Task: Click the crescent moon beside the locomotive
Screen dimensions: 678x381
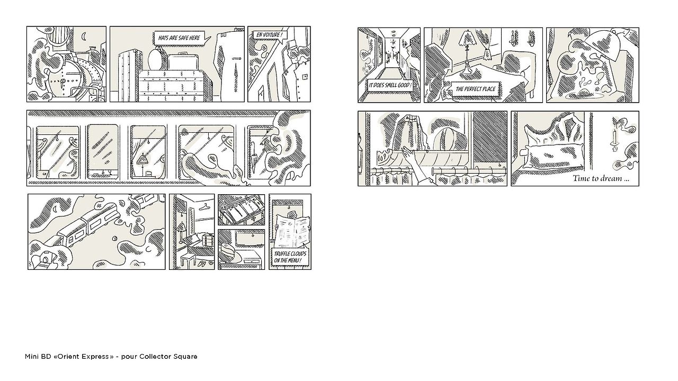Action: [x=84, y=37]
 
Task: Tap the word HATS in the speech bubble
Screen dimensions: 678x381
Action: [x=164, y=38]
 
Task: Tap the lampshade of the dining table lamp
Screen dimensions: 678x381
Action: [x=467, y=39]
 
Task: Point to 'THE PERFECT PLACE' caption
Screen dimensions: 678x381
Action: [x=475, y=89]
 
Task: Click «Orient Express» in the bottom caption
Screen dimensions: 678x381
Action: [x=83, y=357]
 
